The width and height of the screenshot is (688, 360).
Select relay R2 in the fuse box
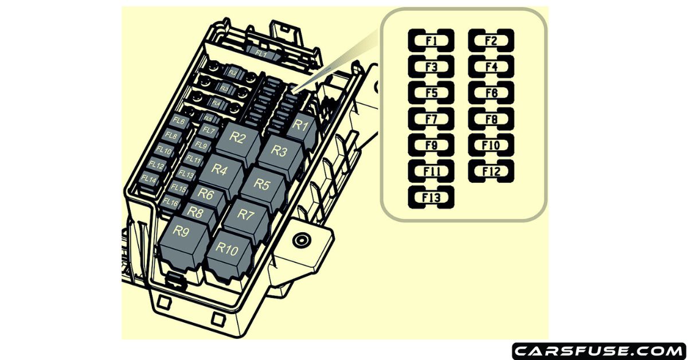[239, 138]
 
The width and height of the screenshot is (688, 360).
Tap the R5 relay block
[263, 186]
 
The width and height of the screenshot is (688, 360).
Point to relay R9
[182, 233]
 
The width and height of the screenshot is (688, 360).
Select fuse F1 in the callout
[431, 41]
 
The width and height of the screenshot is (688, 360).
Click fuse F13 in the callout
[431, 198]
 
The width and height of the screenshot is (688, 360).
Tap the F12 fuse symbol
[491, 171]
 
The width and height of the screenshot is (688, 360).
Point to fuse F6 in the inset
[491, 93]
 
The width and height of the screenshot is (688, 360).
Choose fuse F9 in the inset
[431, 146]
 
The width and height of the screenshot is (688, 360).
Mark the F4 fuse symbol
[491, 66]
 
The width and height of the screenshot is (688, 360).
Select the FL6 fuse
[179, 122]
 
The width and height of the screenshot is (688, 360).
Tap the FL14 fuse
[149, 179]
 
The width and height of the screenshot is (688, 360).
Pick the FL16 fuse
[170, 202]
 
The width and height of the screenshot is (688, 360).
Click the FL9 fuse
[200, 146]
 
